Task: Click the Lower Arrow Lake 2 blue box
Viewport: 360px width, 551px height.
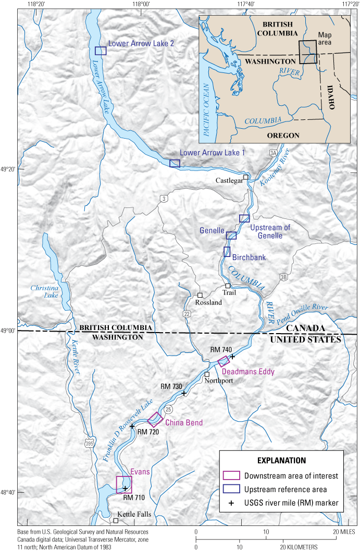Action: [x=101, y=51]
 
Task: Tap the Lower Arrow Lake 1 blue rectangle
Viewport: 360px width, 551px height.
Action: [x=175, y=163]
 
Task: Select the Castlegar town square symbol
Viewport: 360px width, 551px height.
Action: [x=245, y=177]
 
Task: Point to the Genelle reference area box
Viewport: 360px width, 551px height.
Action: [x=231, y=236]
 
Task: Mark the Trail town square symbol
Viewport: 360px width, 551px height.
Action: [x=228, y=286]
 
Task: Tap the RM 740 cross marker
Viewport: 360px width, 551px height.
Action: [x=233, y=357]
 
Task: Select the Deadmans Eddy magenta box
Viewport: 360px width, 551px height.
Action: [x=224, y=361]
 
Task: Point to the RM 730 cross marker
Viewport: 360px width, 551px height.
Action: [x=184, y=393]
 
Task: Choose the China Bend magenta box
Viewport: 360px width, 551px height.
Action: [x=155, y=419]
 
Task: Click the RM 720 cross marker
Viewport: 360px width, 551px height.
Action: [x=132, y=426]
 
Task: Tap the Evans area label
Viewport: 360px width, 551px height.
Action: [x=140, y=472]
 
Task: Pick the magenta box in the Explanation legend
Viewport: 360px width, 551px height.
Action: [x=231, y=475]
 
